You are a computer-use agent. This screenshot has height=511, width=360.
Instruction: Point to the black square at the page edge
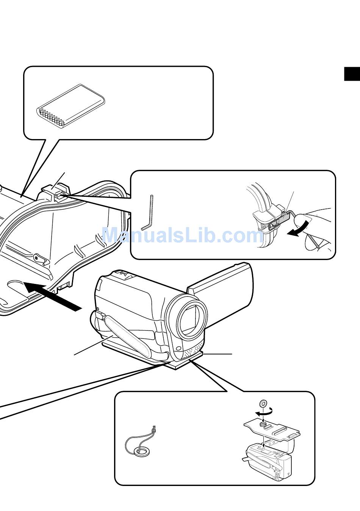[x=352, y=74]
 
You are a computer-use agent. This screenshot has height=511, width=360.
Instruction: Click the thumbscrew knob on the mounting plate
[x=262, y=426]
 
